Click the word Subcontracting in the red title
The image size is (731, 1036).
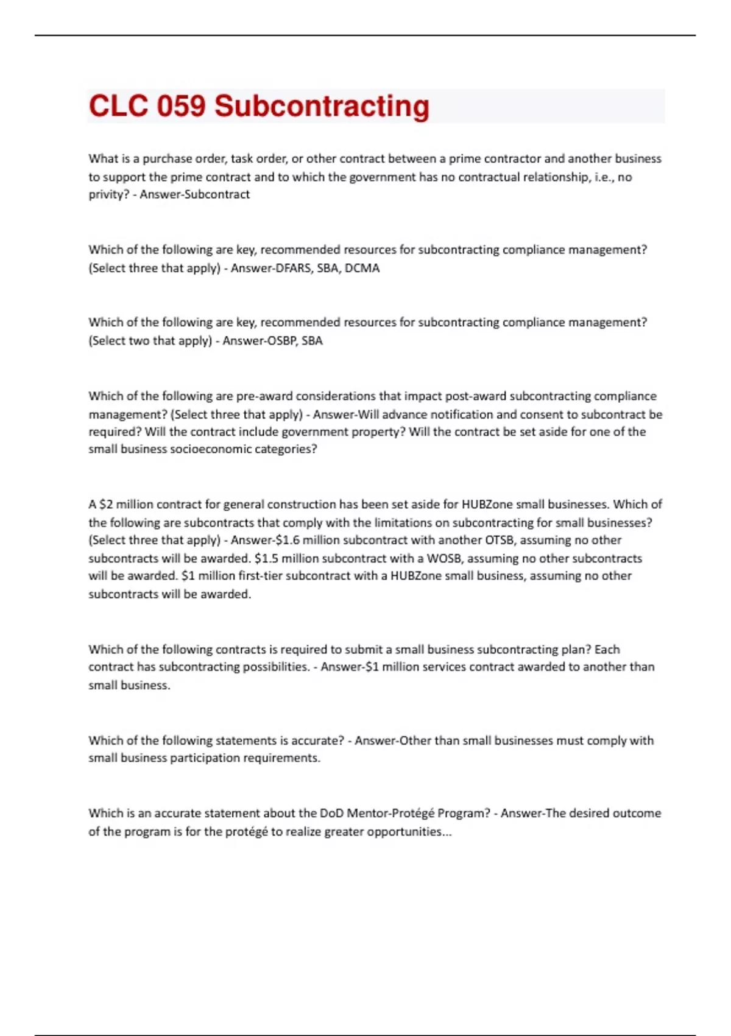pos(322,106)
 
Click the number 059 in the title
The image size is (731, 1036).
pos(181,106)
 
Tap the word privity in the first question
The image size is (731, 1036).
pos(107,194)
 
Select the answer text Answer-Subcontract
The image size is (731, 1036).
pos(195,194)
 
